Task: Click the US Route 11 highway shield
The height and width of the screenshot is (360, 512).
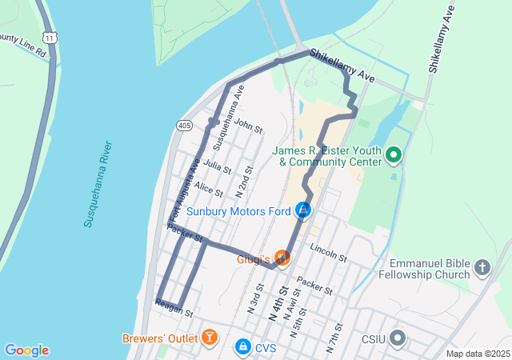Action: tap(50, 38)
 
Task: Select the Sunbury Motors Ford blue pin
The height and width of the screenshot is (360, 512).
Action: tap(303, 210)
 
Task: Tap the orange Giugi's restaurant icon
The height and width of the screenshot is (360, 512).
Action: tap(281, 258)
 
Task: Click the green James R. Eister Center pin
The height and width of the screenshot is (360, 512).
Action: tap(393, 154)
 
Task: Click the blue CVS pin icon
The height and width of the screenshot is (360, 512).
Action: tap(242, 347)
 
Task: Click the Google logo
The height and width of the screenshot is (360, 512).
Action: tap(26, 350)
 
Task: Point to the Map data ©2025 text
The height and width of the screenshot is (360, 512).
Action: tap(477, 354)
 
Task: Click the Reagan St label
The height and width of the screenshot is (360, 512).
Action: tap(174, 309)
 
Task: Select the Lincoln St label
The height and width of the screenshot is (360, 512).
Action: tap(328, 253)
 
